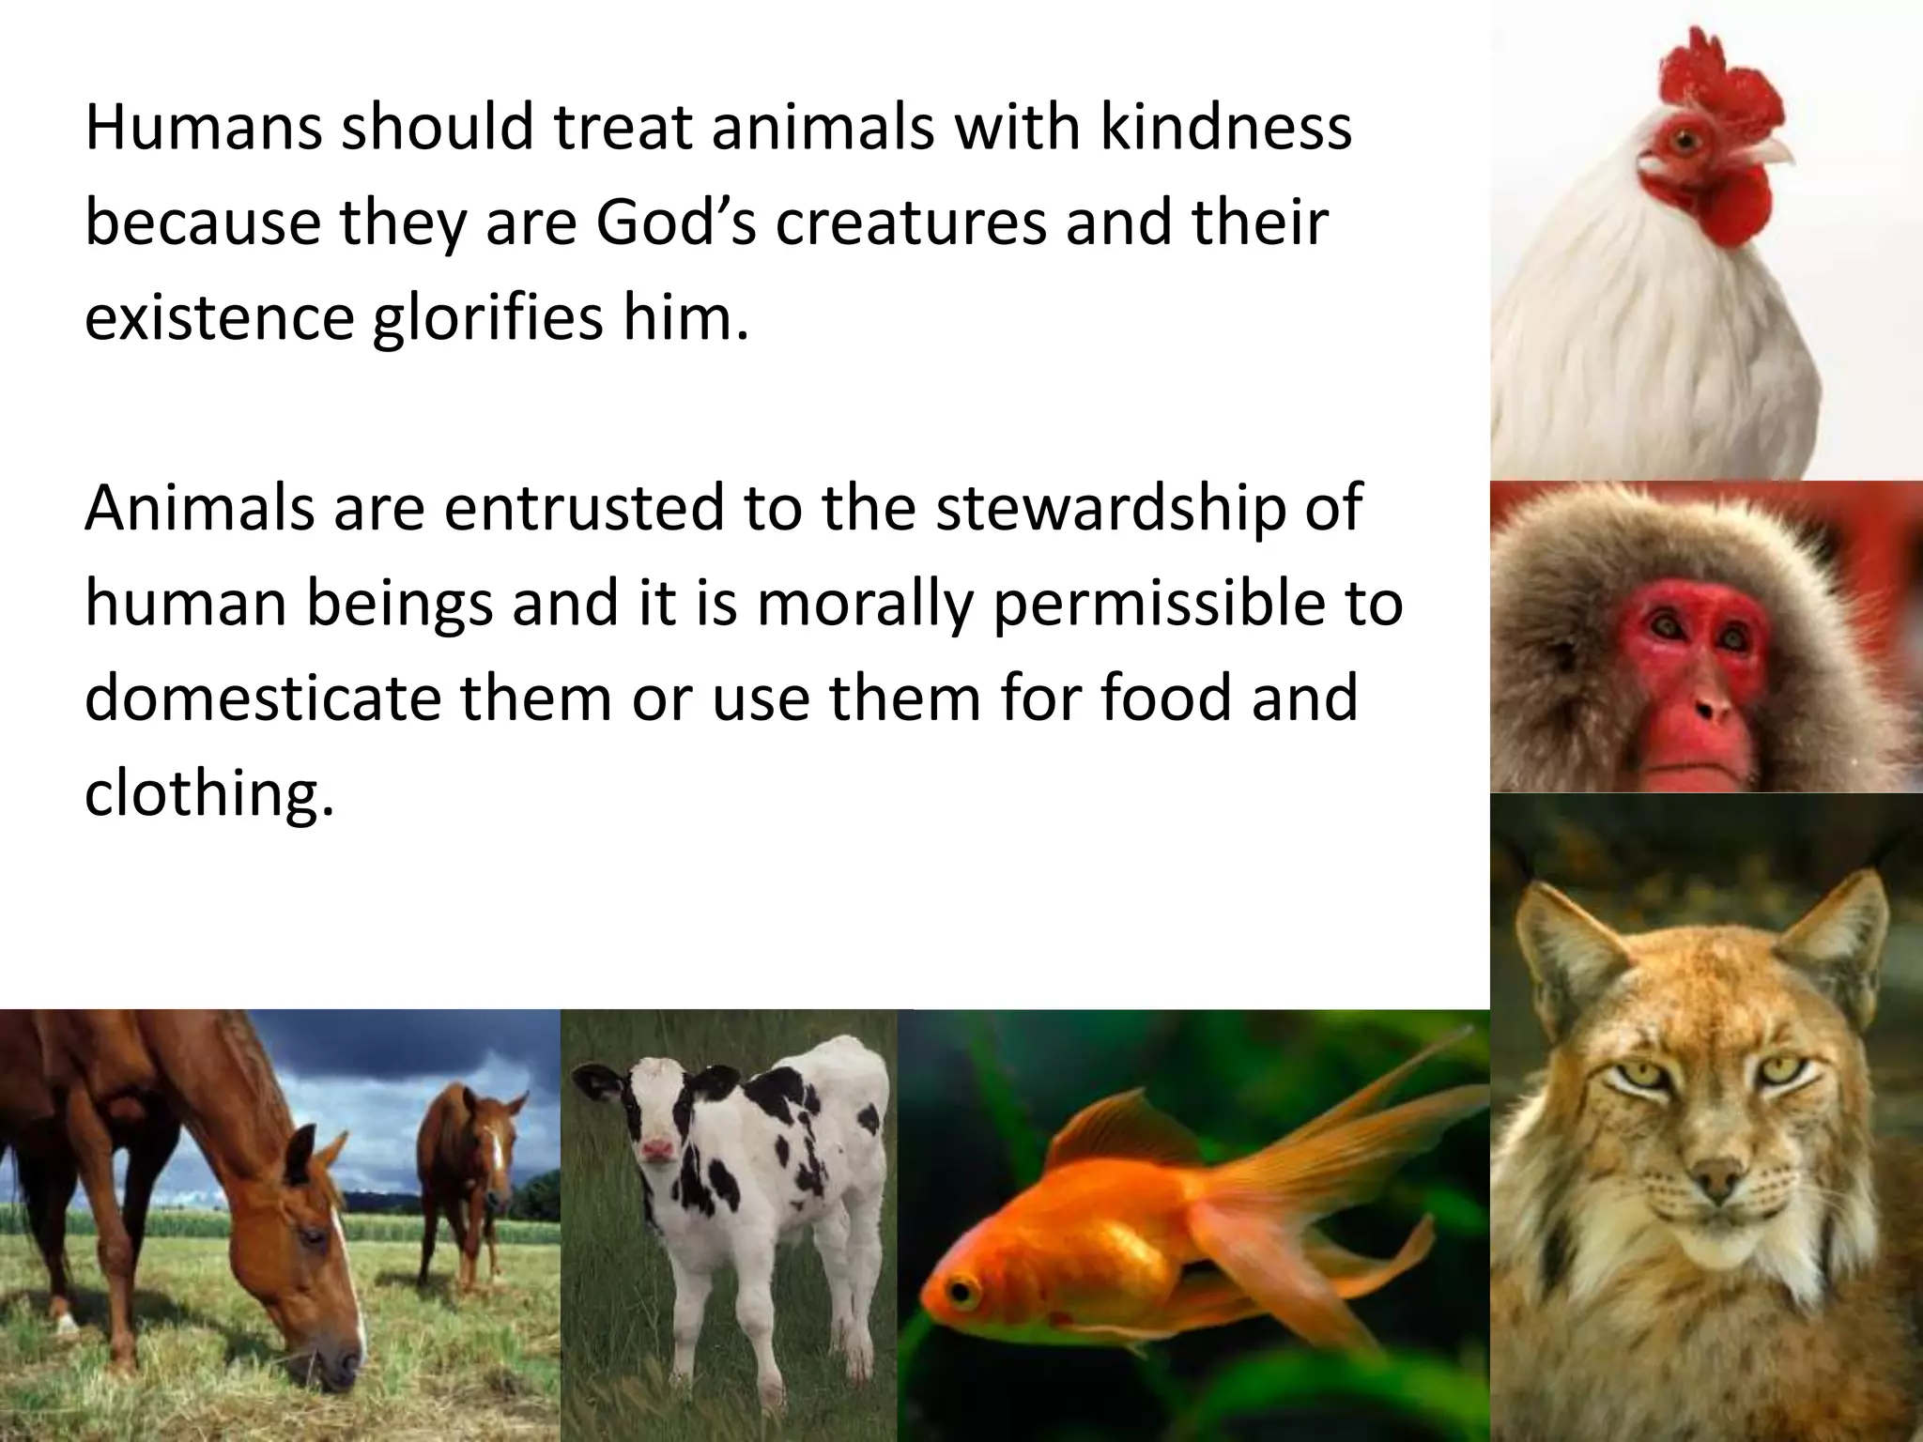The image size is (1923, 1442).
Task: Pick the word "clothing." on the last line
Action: [208, 794]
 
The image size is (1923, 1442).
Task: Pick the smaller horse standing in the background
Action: [469, 1174]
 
